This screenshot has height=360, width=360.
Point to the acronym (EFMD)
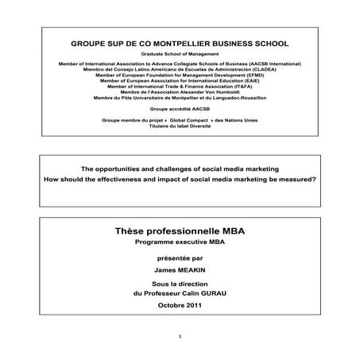(237, 75)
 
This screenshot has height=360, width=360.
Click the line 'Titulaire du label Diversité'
(180, 126)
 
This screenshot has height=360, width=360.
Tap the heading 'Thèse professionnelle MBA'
(180, 230)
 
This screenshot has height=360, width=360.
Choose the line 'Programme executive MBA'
(180, 242)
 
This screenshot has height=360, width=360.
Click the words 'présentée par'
(180, 258)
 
